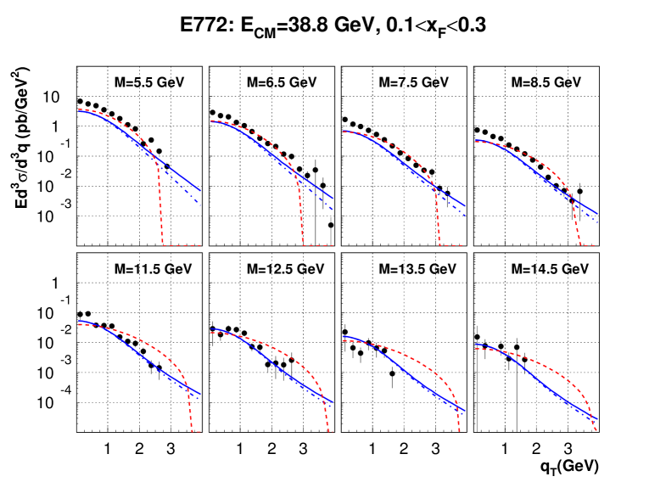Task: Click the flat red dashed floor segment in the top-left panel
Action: point(182,245)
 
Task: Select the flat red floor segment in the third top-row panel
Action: point(451,245)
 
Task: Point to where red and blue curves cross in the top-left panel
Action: point(156,158)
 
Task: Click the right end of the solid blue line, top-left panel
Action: point(201,190)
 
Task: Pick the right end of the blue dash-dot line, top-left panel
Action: point(200,204)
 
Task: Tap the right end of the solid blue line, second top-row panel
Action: point(333,199)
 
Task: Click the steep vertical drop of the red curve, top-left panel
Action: point(160,204)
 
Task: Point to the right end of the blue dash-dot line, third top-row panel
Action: point(466,216)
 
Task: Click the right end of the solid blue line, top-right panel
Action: point(598,214)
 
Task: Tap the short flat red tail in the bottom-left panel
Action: point(196,431)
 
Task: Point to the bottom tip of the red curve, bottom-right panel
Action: point(596,431)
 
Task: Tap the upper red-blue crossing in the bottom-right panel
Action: point(496,350)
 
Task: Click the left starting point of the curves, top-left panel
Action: point(78,109)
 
